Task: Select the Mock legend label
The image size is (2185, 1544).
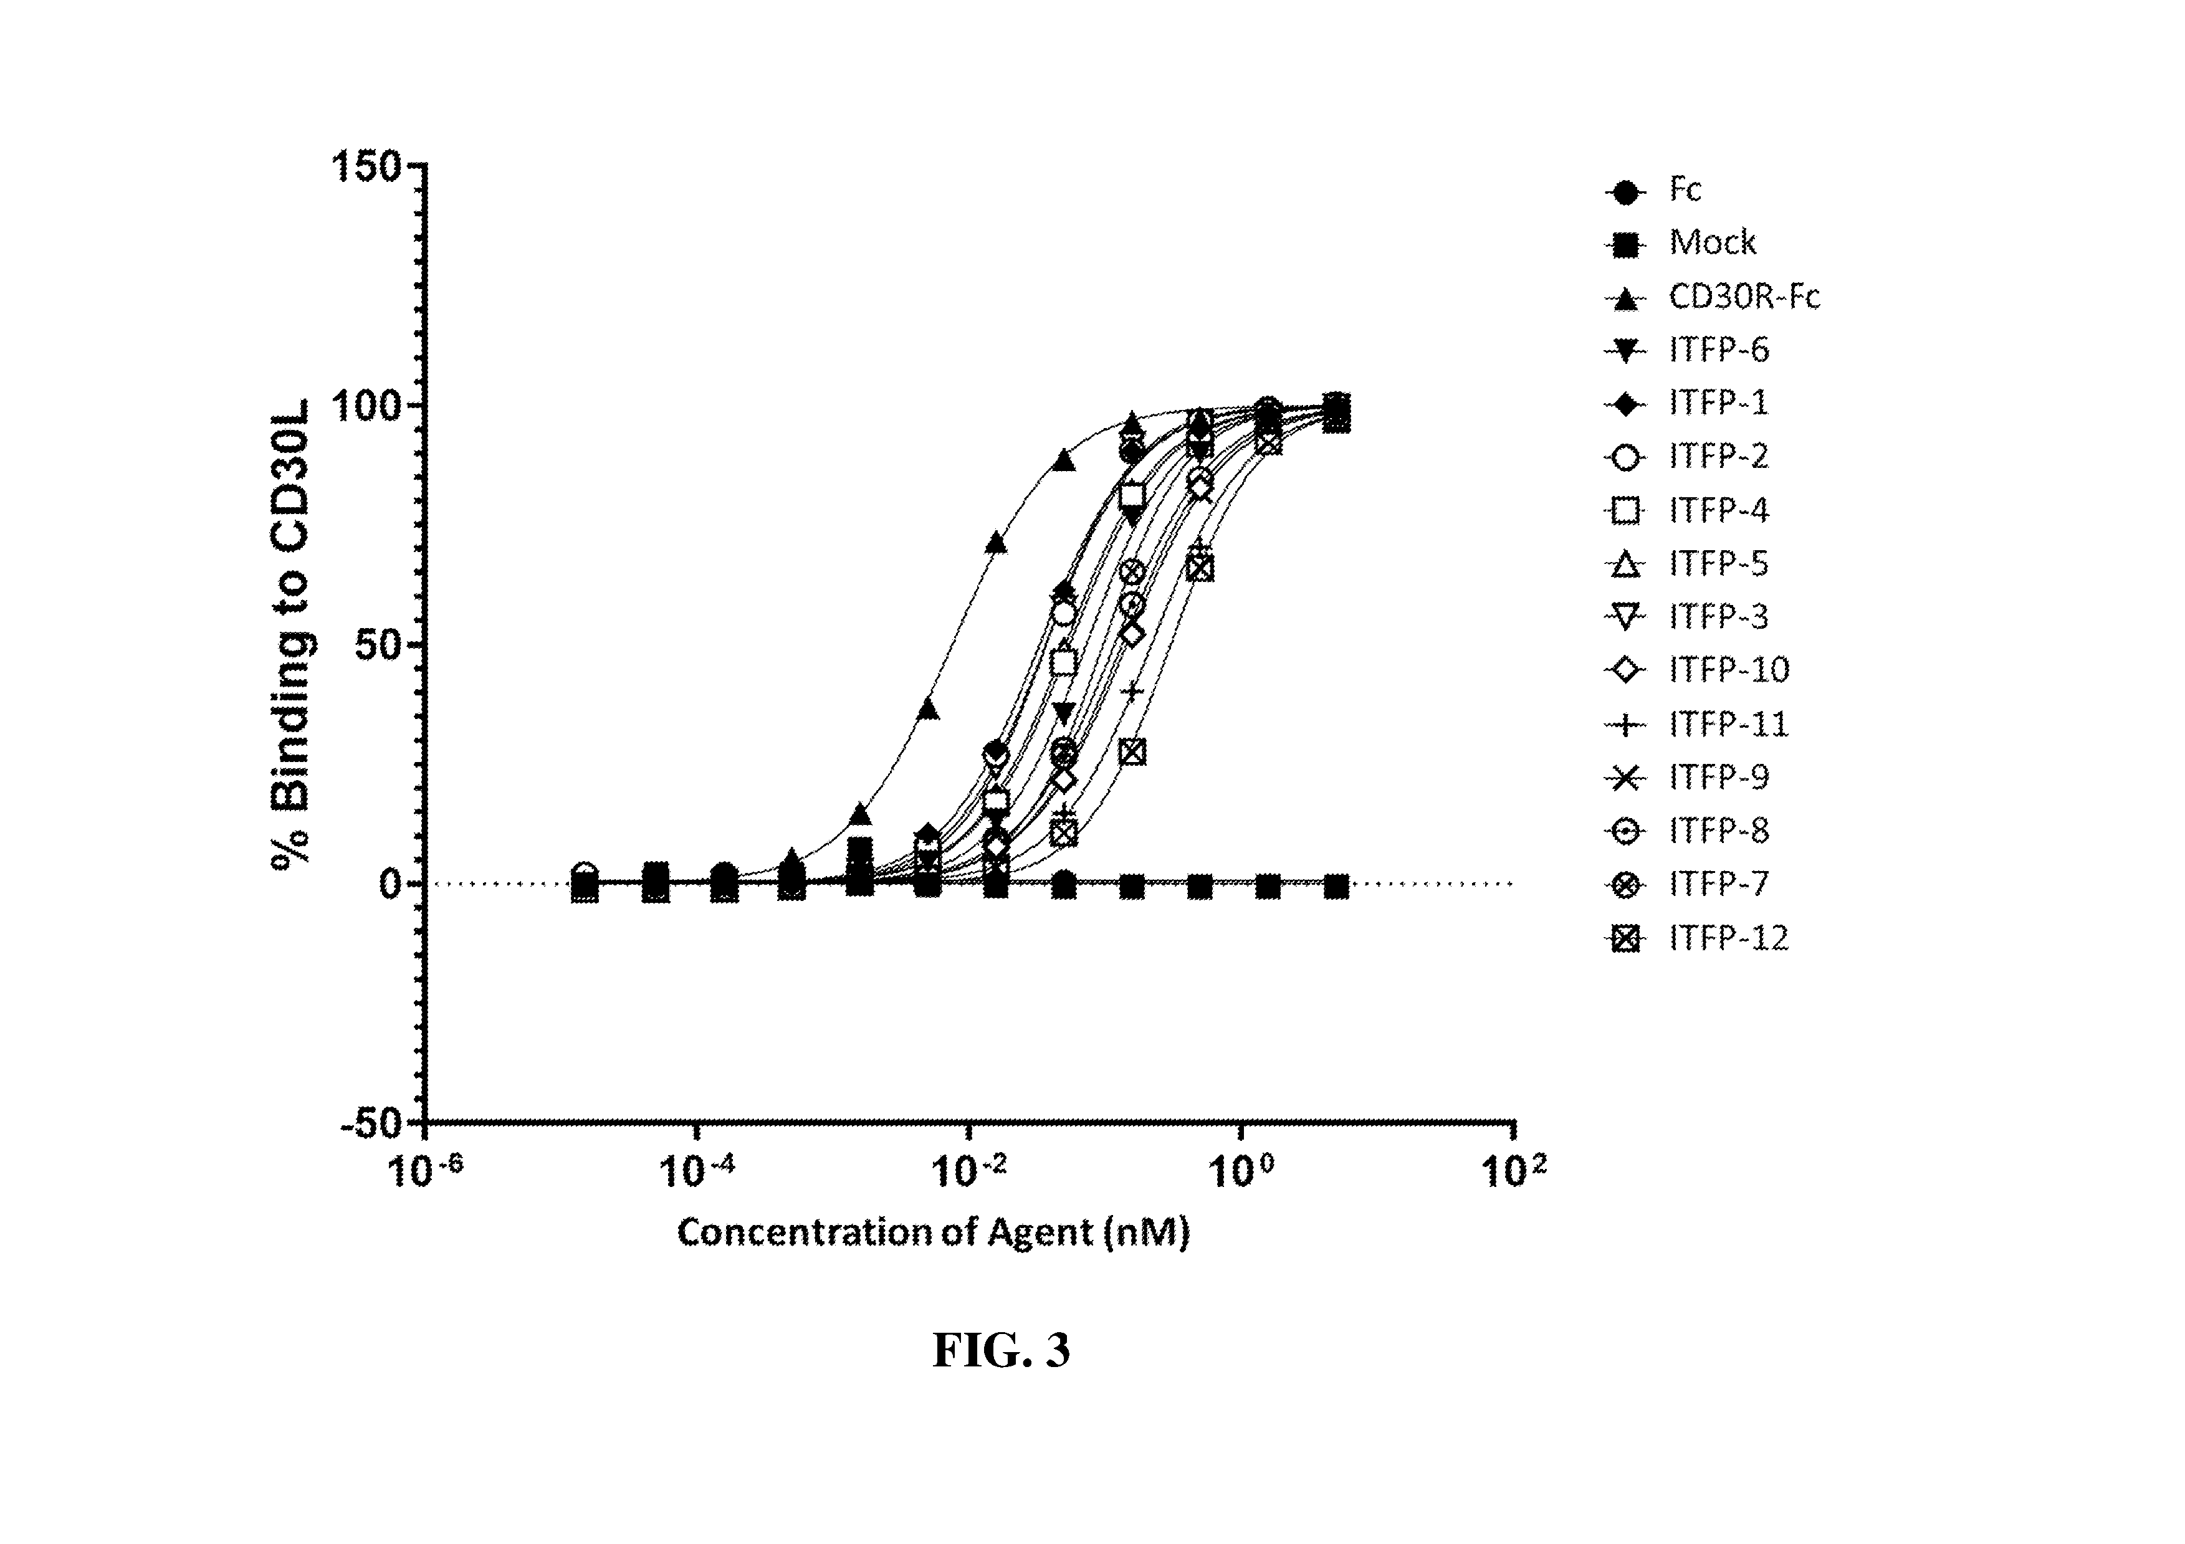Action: tap(1712, 244)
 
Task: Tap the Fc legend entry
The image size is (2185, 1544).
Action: tap(1685, 190)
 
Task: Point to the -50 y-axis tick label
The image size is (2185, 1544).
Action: tap(371, 1123)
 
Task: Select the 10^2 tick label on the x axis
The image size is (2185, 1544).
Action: tap(1514, 1170)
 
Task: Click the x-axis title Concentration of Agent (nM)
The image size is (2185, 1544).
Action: tap(932, 1233)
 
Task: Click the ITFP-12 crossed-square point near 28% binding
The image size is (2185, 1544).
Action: tap(1132, 751)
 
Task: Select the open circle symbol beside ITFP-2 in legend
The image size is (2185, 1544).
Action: tap(1627, 457)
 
